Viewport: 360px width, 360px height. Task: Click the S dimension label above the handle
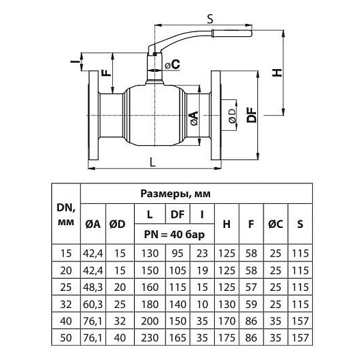pyautogui.click(x=210, y=19)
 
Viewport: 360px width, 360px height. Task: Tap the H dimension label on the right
pyautogui.click(x=277, y=73)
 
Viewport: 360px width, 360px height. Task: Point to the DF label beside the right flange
pyautogui.click(x=252, y=115)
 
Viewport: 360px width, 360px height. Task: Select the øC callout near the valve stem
pyautogui.click(x=172, y=64)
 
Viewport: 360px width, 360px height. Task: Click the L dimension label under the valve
pyautogui.click(x=153, y=162)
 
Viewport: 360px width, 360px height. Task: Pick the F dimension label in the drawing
pyautogui.click(x=106, y=73)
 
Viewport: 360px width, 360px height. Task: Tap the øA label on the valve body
pyautogui.click(x=194, y=118)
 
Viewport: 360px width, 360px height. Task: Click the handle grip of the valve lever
pyautogui.click(x=232, y=33)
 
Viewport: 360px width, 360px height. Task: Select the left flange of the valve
pyautogui.click(x=94, y=115)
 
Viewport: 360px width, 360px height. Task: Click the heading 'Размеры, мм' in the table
pyautogui.click(x=175, y=194)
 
